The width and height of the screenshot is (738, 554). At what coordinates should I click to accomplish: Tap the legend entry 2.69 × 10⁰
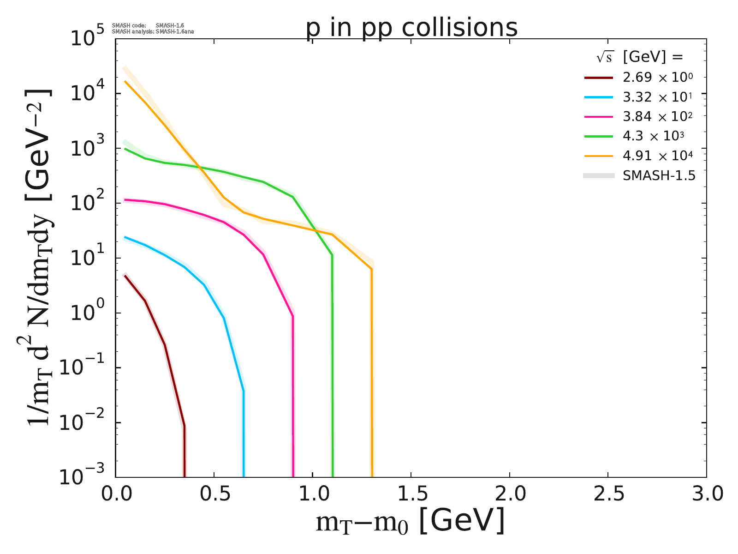pyautogui.click(x=658, y=78)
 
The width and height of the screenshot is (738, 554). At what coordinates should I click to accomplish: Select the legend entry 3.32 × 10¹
pyautogui.click(x=658, y=97)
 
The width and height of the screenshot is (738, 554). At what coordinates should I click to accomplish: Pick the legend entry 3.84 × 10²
pyautogui.click(x=658, y=116)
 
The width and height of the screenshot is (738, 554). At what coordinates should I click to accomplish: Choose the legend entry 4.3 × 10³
pyautogui.click(x=653, y=136)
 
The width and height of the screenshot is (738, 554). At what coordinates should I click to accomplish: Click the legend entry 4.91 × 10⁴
pyautogui.click(x=658, y=156)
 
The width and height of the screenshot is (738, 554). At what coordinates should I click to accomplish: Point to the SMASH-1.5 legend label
pyautogui.click(x=659, y=175)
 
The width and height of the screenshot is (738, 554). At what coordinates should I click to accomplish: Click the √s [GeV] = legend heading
pyautogui.click(x=639, y=57)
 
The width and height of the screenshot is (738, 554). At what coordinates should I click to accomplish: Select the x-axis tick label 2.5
pyautogui.click(x=608, y=494)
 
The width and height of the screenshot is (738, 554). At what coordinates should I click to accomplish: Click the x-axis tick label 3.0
pyautogui.click(x=706, y=494)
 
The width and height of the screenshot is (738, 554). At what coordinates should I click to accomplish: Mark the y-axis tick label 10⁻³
pyautogui.click(x=85, y=476)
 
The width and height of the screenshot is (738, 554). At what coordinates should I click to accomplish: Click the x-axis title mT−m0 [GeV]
pyautogui.click(x=410, y=522)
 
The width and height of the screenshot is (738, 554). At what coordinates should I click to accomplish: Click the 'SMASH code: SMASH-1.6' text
pyautogui.click(x=148, y=25)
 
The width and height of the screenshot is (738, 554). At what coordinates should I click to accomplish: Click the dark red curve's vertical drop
pyautogui.click(x=184, y=452)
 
